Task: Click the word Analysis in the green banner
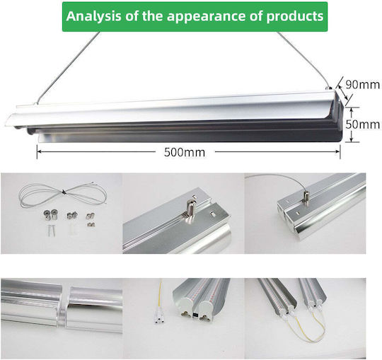93,16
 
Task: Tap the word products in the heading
295,17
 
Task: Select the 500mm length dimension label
185,153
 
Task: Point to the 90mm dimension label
362,85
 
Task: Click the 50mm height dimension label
362,124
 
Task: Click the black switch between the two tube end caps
196,315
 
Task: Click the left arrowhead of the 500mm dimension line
39,152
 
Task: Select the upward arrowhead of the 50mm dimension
352,110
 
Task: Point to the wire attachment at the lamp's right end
329,87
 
